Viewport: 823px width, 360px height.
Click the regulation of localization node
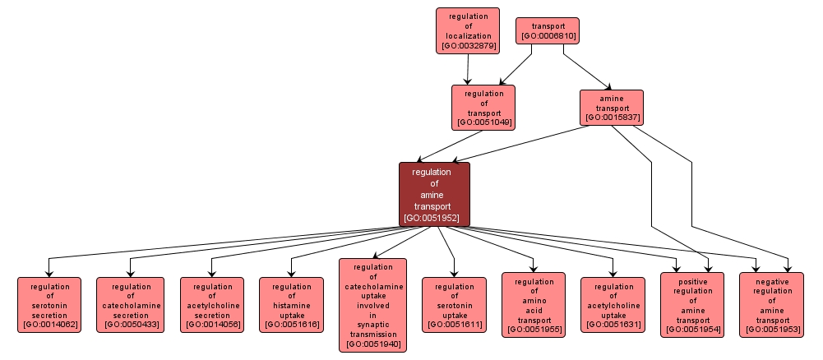click(468, 31)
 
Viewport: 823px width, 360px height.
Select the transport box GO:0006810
click(547, 30)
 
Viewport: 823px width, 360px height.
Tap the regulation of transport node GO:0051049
click(483, 108)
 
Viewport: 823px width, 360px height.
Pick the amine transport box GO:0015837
click(611, 107)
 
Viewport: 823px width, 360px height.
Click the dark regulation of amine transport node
click(434, 194)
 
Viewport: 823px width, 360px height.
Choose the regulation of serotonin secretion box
click(49, 304)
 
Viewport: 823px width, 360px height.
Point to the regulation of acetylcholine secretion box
click(212, 304)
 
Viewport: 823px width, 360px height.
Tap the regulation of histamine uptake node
click(291, 304)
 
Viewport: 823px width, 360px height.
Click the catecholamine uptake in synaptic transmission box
click(372, 305)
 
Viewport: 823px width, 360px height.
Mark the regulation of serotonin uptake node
click(454, 304)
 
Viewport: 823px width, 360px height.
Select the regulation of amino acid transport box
click(534, 305)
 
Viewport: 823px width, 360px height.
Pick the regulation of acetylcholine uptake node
click(613, 304)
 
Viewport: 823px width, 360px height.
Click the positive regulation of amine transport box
click(692, 305)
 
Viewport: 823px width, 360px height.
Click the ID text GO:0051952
click(434, 219)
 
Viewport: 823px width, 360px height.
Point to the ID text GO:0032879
click(468, 47)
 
